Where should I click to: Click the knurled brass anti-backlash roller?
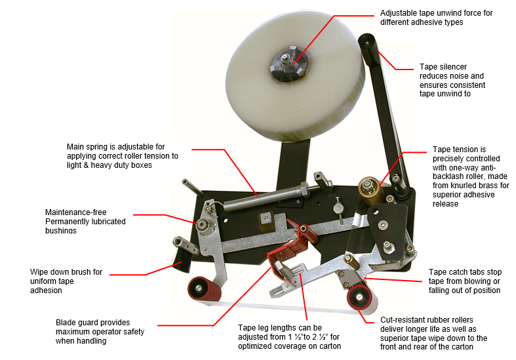point(371,191)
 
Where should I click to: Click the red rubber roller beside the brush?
point(204,289)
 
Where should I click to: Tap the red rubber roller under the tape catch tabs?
point(361,297)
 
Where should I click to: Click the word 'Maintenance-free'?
point(75,212)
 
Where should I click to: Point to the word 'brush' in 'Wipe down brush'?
point(92,272)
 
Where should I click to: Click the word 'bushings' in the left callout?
point(61,230)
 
